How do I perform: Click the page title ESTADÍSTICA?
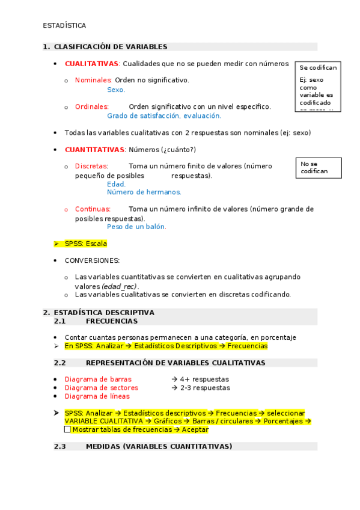tap(64, 26)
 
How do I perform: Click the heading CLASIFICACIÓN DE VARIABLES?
tap(111, 47)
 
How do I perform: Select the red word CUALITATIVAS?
tap(92, 64)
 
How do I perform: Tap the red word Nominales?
tap(93, 80)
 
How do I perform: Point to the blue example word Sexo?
tap(116, 90)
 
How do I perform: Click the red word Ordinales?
tap(91, 106)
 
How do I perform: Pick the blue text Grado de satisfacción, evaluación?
tap(164, 116)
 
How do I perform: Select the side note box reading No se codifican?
tap(318, 168)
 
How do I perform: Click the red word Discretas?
tap(91, 166)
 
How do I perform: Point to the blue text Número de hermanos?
tap(144, 192)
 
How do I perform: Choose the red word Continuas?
tap(93, 209)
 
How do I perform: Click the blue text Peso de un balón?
tap(136, 227)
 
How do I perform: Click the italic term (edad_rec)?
tap(120, 286)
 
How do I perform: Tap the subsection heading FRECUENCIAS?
tap(112, 321)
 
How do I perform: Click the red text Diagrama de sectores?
tap(102, 388)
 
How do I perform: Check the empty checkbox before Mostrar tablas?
tap(67, 429)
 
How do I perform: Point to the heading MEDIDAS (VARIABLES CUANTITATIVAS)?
tap(159, 447)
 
